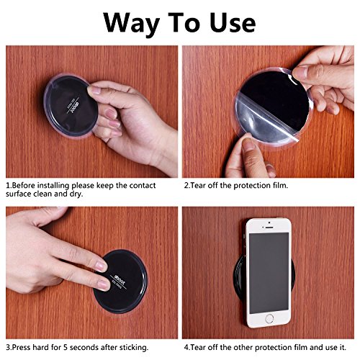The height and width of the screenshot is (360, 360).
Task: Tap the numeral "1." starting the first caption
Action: pyautogui.click(x=8, y=185)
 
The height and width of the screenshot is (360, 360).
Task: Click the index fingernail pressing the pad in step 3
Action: pyautogui.click(x=102, y=265)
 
